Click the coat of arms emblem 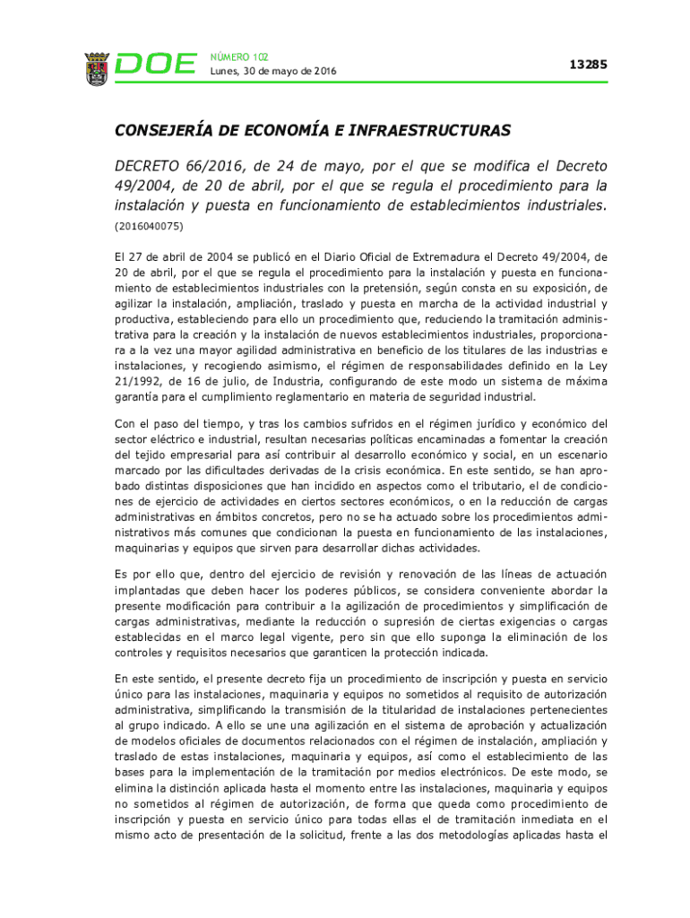coord(97,68)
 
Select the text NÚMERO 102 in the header coord(239,56)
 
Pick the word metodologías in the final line coord(493,835)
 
